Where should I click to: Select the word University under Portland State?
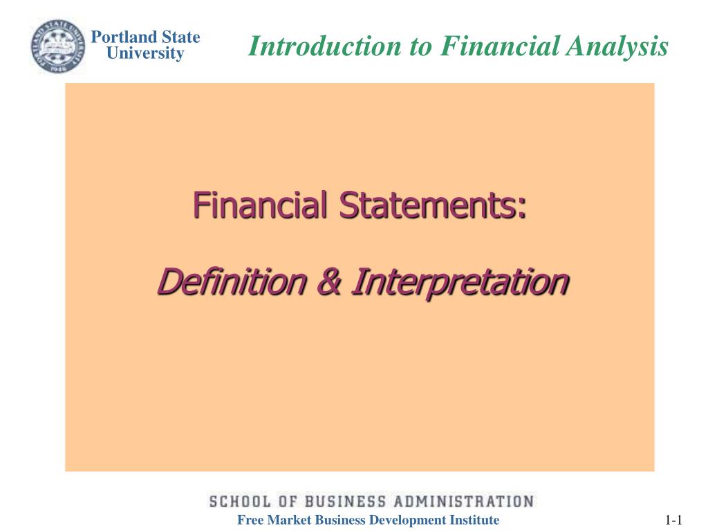(145, 53)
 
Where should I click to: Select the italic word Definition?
(232, 281)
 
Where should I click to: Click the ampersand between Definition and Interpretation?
(328, 282)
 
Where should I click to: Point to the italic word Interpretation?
(459, 282)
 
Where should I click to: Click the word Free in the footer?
(250, 521)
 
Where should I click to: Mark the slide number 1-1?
(674, 521)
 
